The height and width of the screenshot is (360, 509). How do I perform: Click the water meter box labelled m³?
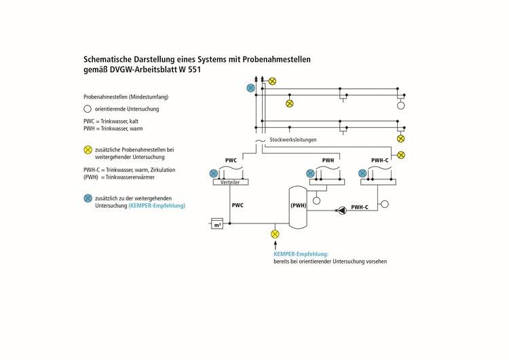218,223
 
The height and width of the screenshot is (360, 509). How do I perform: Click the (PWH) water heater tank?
299,206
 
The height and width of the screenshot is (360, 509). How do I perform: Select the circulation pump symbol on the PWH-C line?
341,211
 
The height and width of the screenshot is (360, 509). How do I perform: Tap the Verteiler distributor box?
230,182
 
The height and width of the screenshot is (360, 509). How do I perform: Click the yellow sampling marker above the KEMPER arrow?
275,234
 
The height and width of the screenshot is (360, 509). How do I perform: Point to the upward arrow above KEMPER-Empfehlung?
275,245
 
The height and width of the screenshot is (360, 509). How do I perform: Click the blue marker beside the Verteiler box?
213,174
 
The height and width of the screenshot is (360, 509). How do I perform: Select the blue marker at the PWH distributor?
310,174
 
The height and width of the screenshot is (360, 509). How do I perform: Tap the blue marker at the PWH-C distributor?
362,174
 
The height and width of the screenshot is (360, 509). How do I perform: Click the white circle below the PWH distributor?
316,200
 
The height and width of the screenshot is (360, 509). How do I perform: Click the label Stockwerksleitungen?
293,140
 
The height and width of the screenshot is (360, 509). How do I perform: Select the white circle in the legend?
87,109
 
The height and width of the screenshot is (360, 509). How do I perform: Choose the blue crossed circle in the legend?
87,198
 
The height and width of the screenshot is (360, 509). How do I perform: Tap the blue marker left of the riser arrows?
250,88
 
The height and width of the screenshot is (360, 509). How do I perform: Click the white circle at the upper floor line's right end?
400,106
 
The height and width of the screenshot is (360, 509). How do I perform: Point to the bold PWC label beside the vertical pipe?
238,204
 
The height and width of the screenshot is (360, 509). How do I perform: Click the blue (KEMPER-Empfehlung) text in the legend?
157,205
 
